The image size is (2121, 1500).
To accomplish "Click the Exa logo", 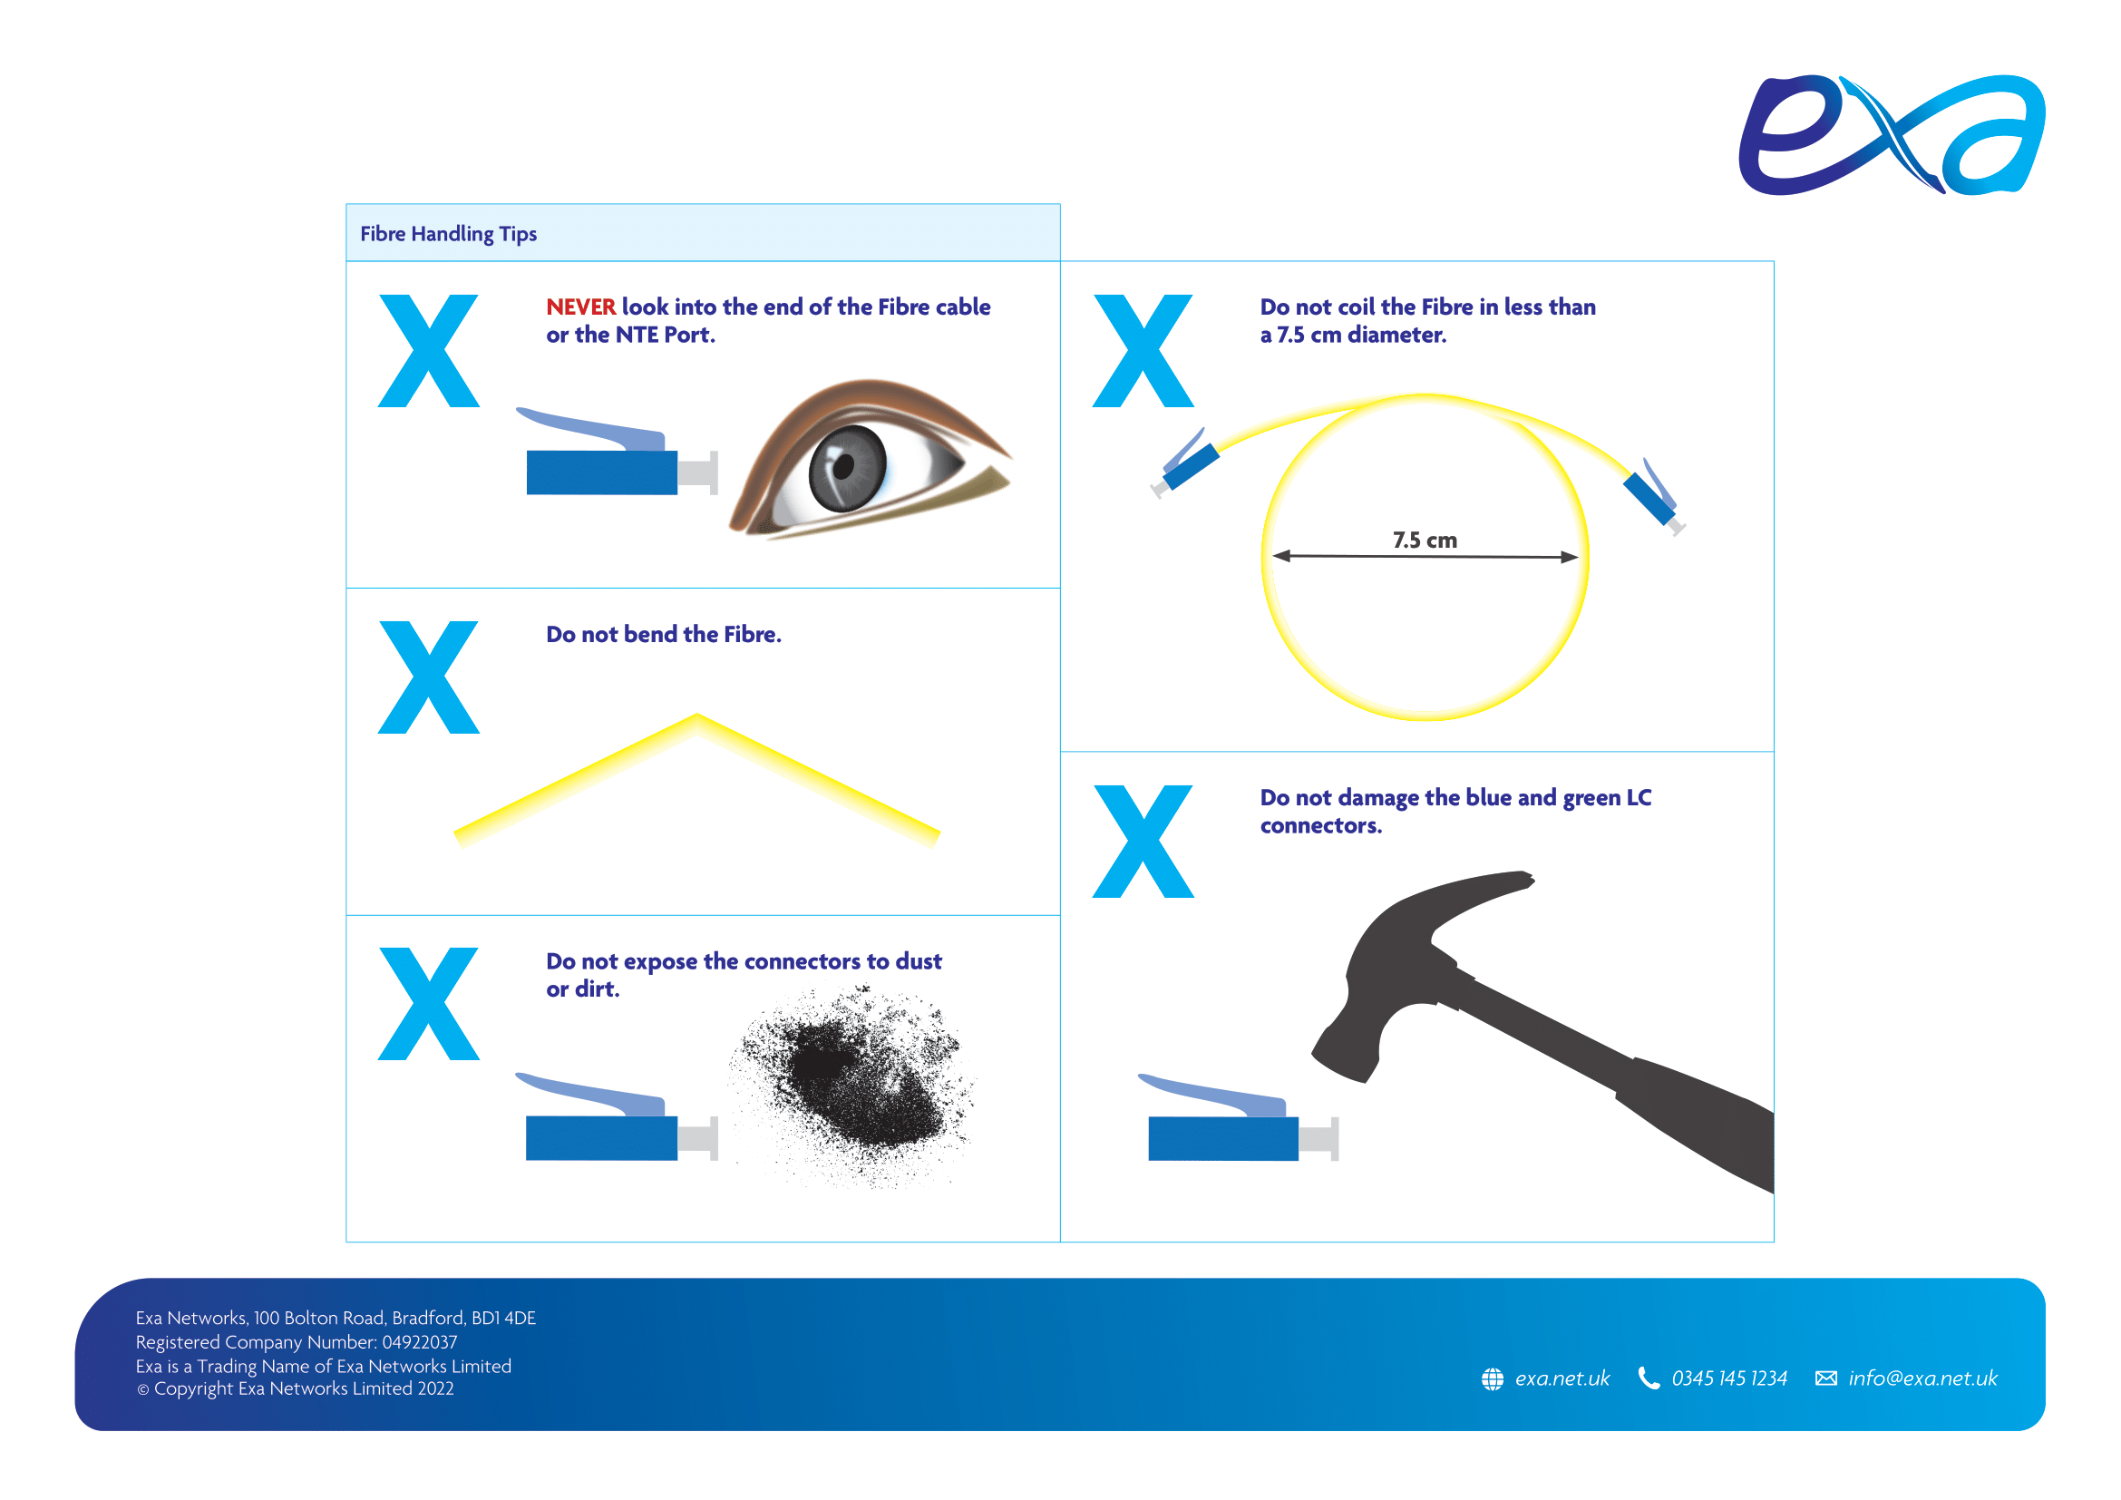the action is click(x=1891, y=135).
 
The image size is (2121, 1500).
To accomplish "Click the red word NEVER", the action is click(x=580, y=307).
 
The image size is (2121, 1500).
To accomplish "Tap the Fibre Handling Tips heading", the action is click(x=448, y=234).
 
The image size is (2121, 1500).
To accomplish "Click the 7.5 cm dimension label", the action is click(x=1425, y=541).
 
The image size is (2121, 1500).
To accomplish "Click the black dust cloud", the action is click(x=854, y=1086).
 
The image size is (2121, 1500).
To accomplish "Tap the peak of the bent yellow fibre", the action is click(x=696, y=716).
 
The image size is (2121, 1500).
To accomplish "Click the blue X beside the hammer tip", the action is click(x=1143, y=842).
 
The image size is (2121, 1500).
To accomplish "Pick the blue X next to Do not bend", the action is click(x=429, y=677).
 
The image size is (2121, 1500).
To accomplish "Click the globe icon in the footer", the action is click(x=1492, y=1379).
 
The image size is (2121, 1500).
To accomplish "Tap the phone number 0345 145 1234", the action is click(x=1728, y=1379).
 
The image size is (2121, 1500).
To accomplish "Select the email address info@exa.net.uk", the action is click(x=1922, y=1379).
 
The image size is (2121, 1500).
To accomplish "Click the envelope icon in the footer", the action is click(x=1825, y=1379).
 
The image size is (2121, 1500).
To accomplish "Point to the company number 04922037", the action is click(x=420, y=1342).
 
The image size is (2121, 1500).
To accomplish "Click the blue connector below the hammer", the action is click(x=1238, y=1117).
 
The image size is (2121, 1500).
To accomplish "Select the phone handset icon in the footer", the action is click(x=1648, y=1379).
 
